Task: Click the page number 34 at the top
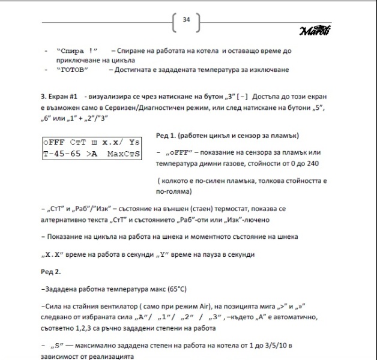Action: (186, 20)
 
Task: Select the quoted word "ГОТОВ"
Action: (72, 70)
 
